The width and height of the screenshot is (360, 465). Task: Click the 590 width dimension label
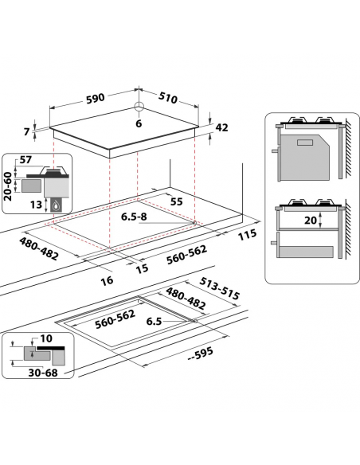pos(96,98)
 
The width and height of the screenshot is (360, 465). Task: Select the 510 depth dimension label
pos(168,98)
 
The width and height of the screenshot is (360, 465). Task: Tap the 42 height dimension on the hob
pos(221,127)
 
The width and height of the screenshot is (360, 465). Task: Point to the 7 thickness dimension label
pos(27,131)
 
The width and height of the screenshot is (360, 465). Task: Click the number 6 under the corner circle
pos(139,123)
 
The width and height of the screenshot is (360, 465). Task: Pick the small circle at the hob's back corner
pos(139,106)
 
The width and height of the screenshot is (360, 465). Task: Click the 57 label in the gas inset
pos(25,160)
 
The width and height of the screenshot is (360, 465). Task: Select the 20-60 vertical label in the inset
pos(8,186)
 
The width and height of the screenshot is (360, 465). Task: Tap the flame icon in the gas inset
pos(56,205)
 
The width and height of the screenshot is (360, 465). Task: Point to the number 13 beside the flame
pos(36,205)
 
